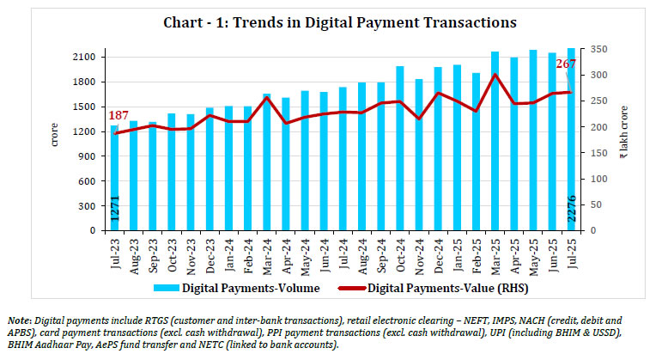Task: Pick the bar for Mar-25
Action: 495,141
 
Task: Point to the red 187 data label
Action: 119,115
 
